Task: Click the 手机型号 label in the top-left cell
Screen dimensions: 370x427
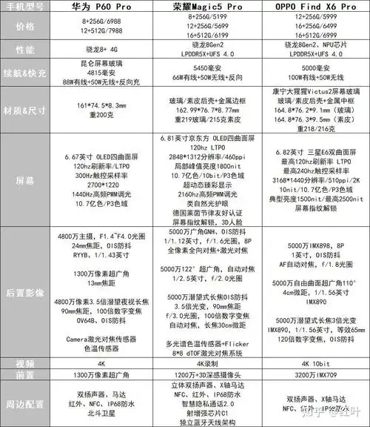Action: (25, 8)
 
